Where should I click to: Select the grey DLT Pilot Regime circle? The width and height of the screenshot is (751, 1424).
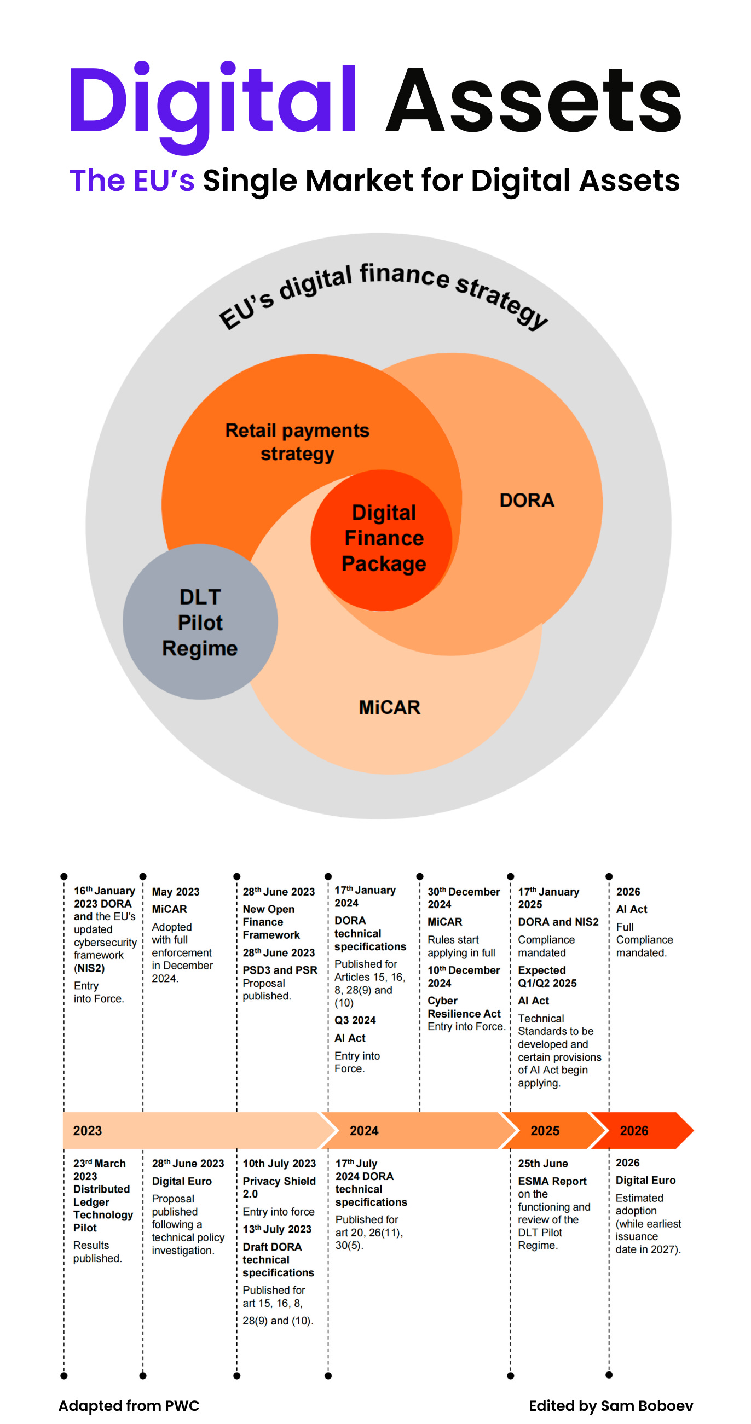[x=200, y=622]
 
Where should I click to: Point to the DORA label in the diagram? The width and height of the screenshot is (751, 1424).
[x=527, y=500]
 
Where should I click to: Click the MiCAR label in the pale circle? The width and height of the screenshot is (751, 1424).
[x=389, y=707]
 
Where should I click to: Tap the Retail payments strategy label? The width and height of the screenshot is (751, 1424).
[x=297, y=441]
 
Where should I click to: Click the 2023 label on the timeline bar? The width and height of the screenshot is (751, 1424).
[x=88, y=1130]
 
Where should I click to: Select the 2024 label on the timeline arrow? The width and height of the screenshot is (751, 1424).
[x=364, y=1130]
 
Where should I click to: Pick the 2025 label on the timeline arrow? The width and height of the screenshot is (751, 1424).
[x=545, y=1130]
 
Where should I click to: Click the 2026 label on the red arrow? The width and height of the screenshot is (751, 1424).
[x=634, y=1130]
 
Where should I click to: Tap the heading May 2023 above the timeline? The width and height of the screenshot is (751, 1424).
[x=175, y=892]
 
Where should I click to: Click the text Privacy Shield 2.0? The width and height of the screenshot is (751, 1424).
[x=279, y=1187]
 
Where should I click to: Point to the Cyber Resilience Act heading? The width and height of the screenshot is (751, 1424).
[x=464, y=1007]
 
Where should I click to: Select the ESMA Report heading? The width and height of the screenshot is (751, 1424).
[x=552, y=1181]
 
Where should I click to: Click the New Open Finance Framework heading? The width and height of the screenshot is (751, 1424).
[x=271, y=921]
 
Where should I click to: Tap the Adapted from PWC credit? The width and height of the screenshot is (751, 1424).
[x=129, y=1405]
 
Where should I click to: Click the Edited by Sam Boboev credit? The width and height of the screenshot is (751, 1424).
[x=610, y=1405]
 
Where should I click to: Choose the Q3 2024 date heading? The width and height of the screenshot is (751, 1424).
[x=355, y=1020]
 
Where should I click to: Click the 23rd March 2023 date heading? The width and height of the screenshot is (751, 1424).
[x=99, y=1169]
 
